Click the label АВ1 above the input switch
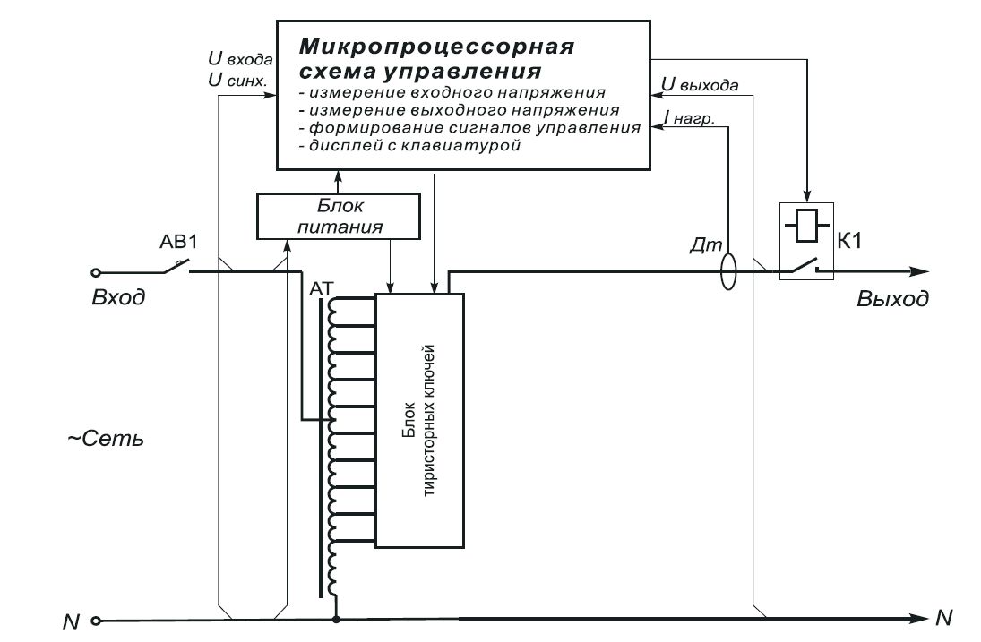(178, 244)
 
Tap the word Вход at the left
(118, 297)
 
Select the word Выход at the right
(892, 299)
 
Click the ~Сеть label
(106, 441)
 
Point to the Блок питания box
(339, 216)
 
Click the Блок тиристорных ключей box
(419, 420)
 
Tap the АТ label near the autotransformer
(321, 288)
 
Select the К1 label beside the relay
(852, 241)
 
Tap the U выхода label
(700, 86)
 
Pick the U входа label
(239, 59)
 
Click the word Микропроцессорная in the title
(436, 46)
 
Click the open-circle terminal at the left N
(96, 620)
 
